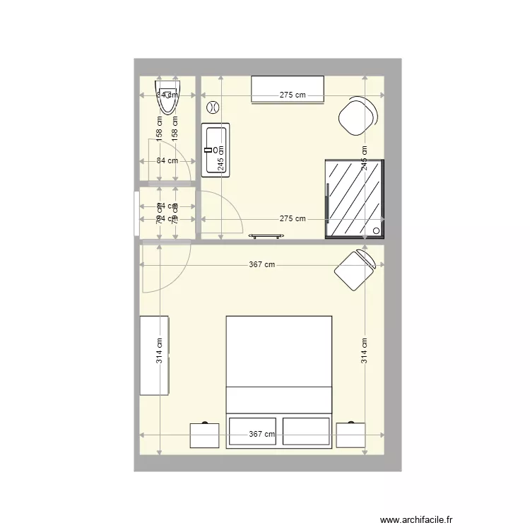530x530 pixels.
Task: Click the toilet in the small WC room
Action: [x=167, y=98]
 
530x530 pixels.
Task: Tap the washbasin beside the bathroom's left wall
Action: [x=215, y=149]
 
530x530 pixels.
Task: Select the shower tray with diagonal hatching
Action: [x=354, y=200]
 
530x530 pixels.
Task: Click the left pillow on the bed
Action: [x=252, y=430]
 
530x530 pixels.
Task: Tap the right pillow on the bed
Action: [x=306, y=430]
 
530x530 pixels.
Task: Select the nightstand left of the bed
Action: [x=204, y=435]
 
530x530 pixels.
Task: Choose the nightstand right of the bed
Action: [x=351, y=435]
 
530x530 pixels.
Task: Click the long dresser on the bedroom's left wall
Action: [x=155, y=355]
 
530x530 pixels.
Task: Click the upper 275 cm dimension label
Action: [x=293, y=95]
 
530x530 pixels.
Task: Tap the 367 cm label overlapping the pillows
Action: [x=261, y=435]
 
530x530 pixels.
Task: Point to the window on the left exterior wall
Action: [x=136, y=212]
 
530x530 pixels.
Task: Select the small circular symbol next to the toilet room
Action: [x=211, y=107]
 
